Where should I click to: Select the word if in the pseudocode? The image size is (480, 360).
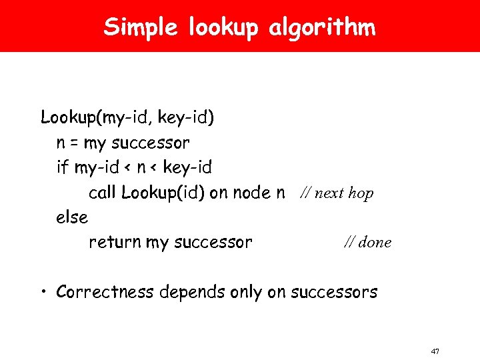63,167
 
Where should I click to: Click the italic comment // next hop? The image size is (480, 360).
336,193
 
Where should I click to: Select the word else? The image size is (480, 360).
72,217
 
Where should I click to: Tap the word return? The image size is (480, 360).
115,242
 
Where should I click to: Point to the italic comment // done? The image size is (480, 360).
367,243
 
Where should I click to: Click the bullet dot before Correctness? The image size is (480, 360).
44,291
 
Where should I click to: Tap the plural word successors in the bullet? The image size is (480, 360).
333,292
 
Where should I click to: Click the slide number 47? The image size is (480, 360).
435,351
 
